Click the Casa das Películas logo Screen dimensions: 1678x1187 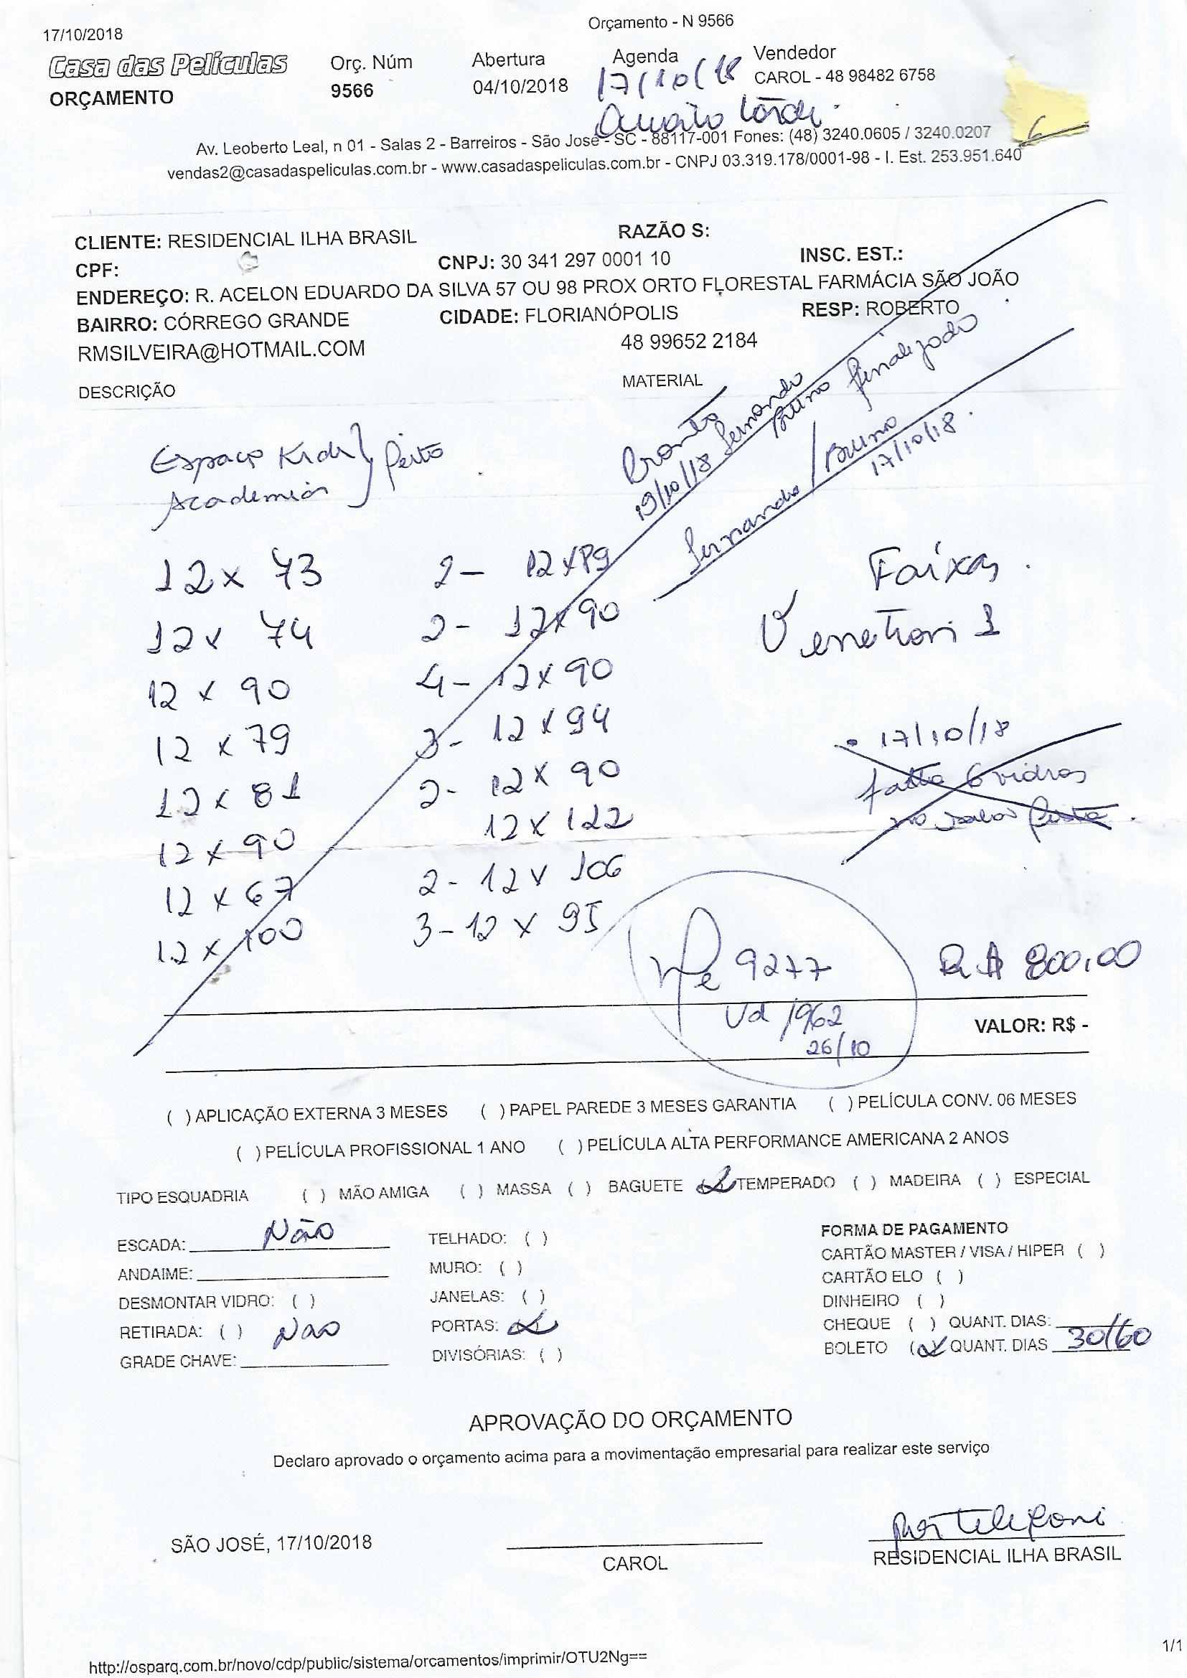point(167,66)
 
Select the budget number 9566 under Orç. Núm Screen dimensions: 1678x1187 point(352,90)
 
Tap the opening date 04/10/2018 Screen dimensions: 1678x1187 point(520,86)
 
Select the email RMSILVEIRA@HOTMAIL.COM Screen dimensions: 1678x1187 point(221,350)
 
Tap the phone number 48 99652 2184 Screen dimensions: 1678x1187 point(688,341)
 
